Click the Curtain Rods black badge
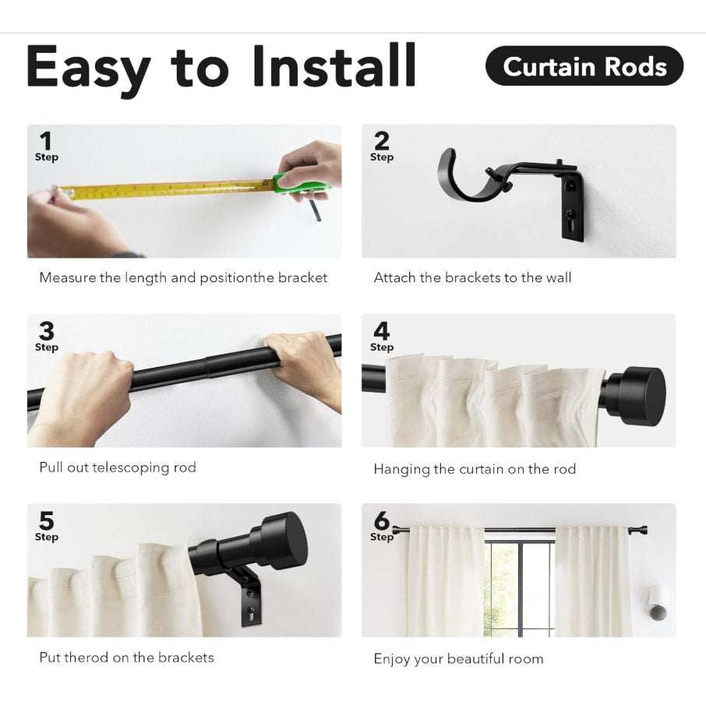click(584, 66)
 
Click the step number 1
click(46, 141)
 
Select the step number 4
click(381, 331)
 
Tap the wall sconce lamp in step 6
click(658, 603)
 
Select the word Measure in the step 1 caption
click(67, 277)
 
